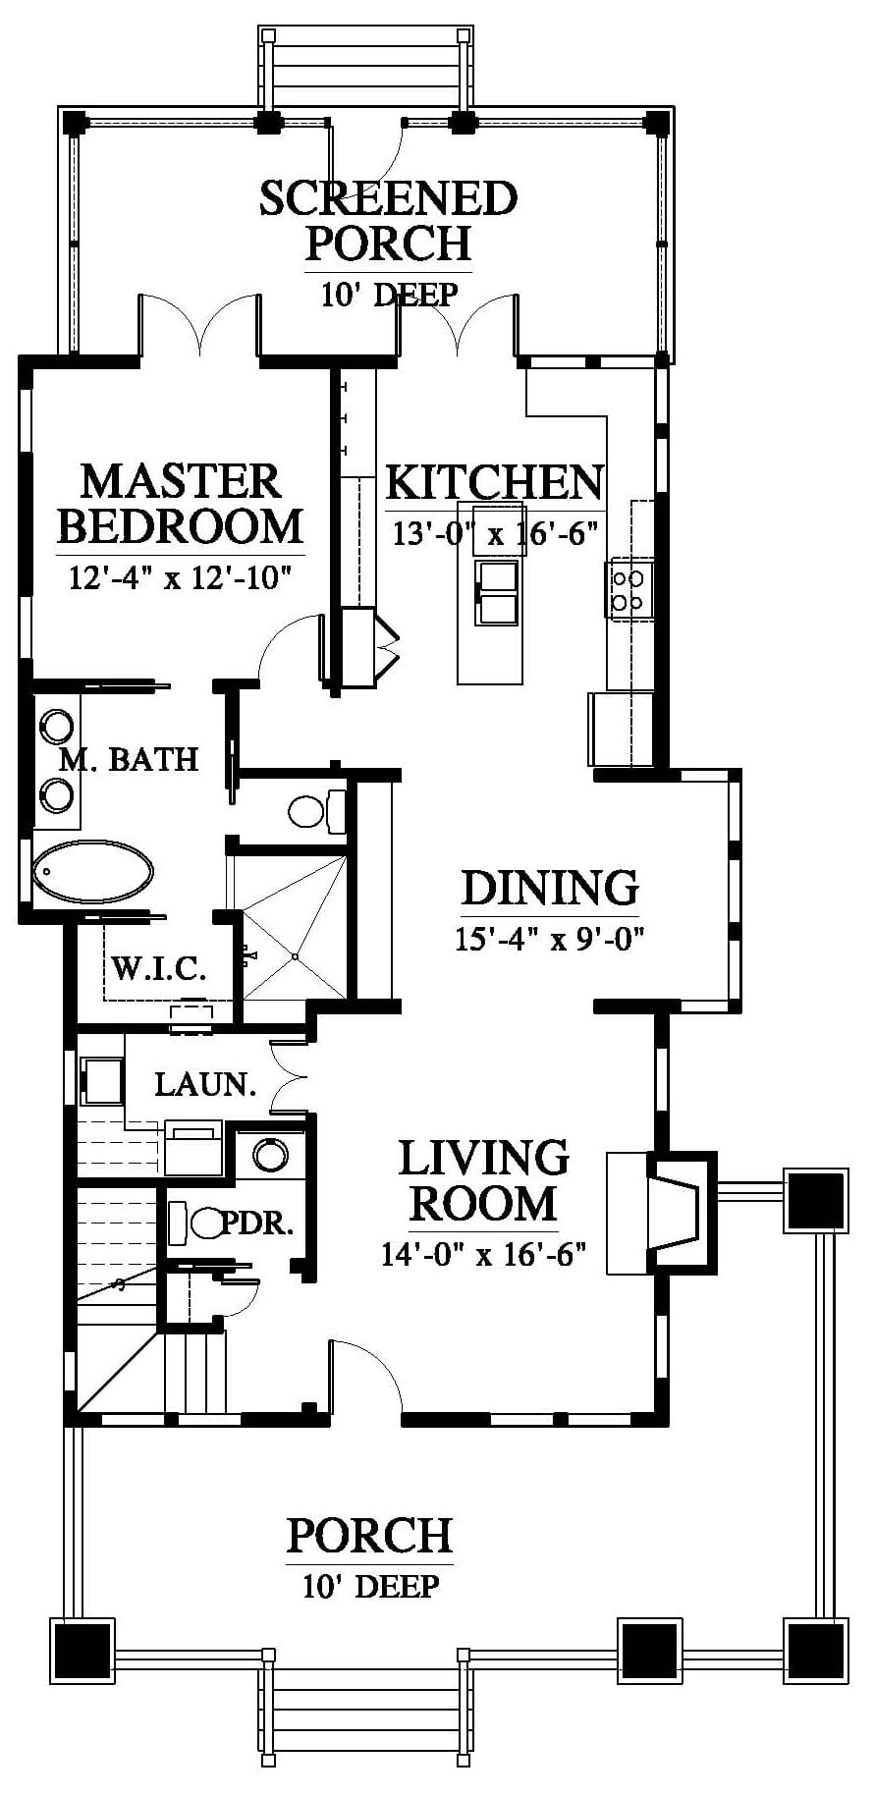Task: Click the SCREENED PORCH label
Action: pos(388,221)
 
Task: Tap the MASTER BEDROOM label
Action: pos(181,504)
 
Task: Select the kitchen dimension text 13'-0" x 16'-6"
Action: pos(496,534)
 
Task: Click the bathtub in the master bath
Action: pos(93,871)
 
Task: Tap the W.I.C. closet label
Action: pos(158,969)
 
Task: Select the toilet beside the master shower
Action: pos(317,810)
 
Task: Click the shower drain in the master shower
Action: pos(295,955)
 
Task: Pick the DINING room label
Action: pos(550,888)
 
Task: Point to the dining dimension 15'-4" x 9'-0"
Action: pos(549,940)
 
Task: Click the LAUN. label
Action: pos(205,1084)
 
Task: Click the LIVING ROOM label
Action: pos(484,1180)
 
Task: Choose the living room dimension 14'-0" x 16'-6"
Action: pos(484,1254)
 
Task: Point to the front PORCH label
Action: pos(369,1535)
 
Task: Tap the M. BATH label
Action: pos(129,759)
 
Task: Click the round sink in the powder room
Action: pos(270,1154)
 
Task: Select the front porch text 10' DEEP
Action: pos(370,1586)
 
